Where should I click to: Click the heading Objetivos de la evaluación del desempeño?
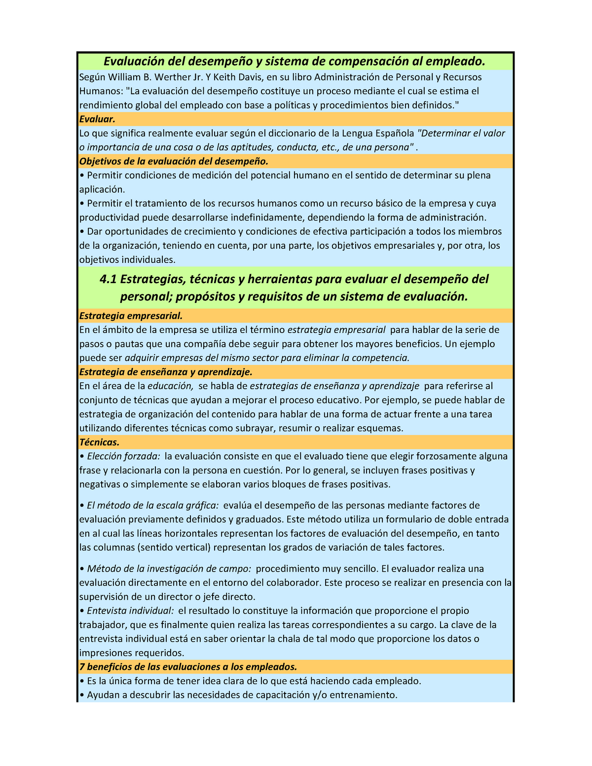coord(174,161)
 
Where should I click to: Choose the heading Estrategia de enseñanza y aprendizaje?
coord(166,372)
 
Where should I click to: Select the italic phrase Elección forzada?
coord(124,456)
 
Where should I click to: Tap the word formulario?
coord(416,519)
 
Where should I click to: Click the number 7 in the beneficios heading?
coord(82,667)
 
